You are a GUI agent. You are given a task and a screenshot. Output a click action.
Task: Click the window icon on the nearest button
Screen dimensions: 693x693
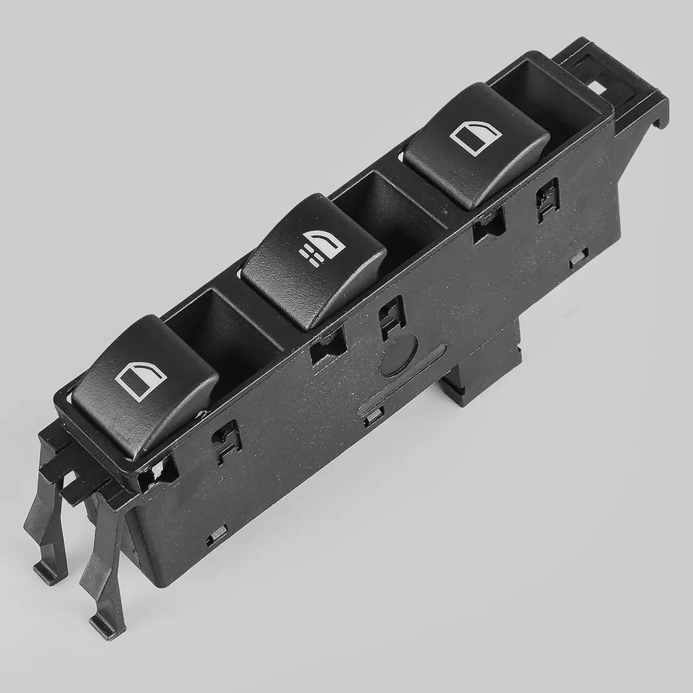pyautogui.click(x=140, y=380)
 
